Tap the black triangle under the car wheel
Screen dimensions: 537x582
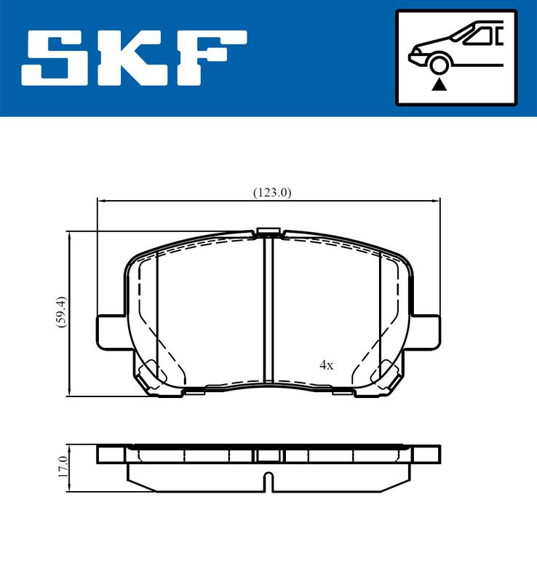pyautogui.click(x=439, y=85)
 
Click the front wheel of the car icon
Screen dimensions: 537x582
pyautogui.click(x=439, y=65)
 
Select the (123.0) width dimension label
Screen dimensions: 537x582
pyautogui.click(x=272, y=192)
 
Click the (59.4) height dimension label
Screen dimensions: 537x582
pyautogui.click(x=60, y=311)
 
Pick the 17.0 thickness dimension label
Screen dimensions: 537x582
pyautogui.click(x=63, y=467)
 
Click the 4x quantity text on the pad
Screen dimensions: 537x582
pyautogui.click(x=327, y=365)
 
